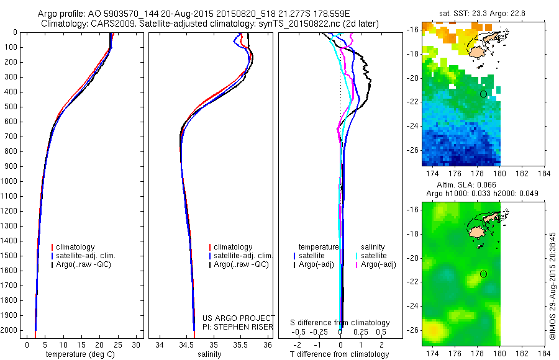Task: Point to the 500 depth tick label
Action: click(10, 107)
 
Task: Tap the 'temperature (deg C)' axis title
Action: click(81, 354)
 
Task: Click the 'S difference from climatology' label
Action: click(340, 323)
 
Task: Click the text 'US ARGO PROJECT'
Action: click(238, 318)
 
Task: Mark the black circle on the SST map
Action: click(483, 94)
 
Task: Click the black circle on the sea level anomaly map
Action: click(483, 274)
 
